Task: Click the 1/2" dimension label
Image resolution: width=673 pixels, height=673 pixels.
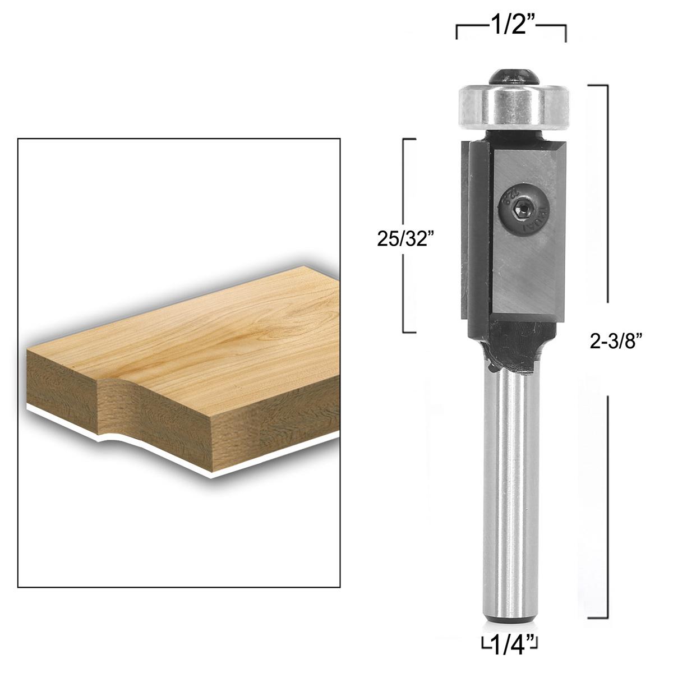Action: coord(511,25)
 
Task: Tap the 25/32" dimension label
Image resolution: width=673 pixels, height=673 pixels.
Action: coord(405,239)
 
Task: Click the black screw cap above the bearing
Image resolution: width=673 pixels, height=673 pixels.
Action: coord(511,76)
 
